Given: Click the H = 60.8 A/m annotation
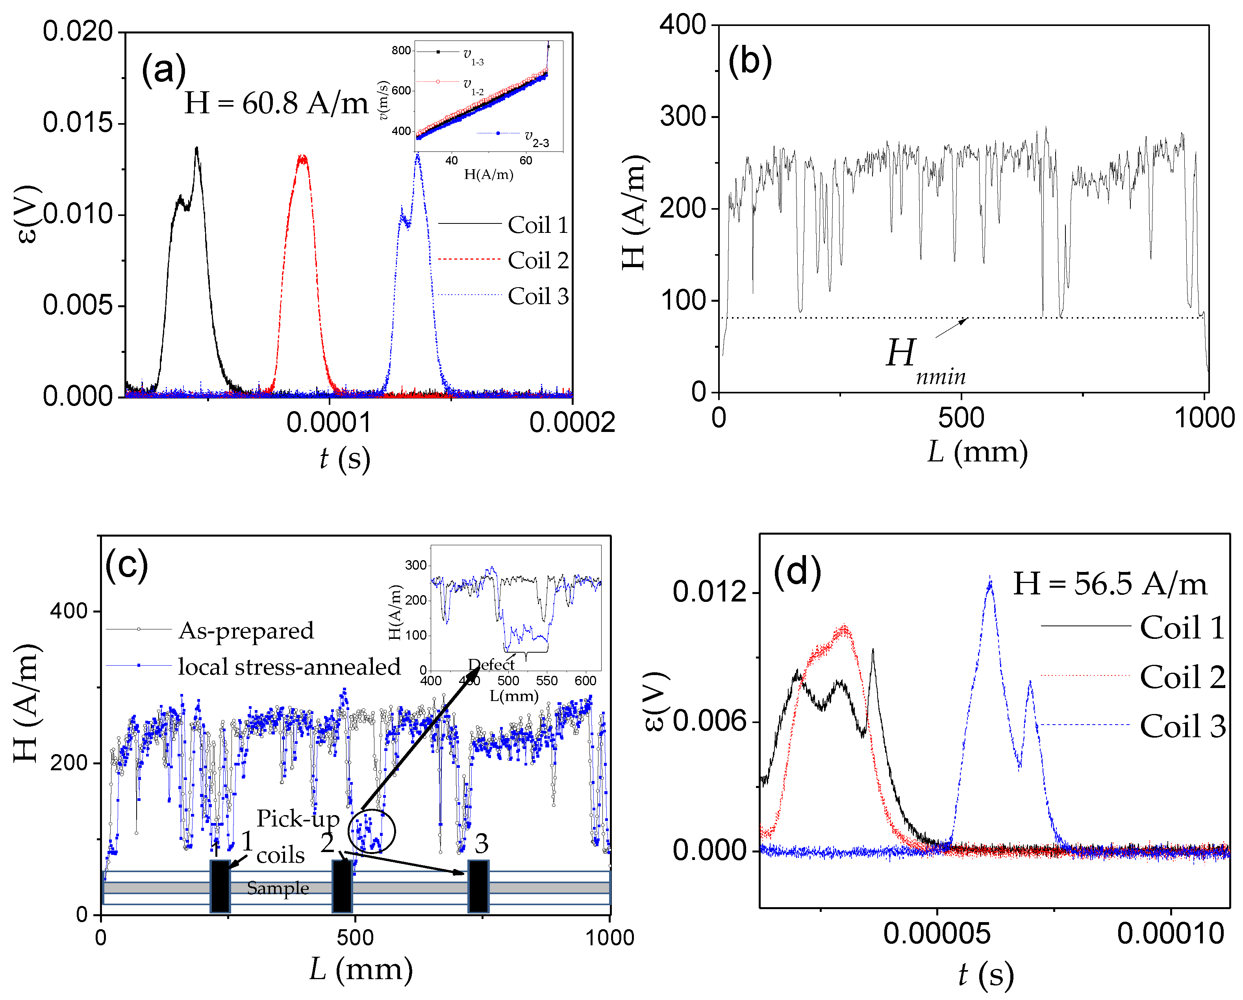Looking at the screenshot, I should [x=276, y=104].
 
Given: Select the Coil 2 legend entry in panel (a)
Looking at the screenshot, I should [x=537, y=260].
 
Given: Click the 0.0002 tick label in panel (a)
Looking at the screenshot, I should [x=572, y=423].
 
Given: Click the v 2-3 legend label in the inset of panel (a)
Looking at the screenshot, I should [x=536, y=139].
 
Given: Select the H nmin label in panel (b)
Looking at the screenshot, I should [x=923, y=360].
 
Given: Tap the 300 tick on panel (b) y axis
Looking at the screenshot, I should [x=683, y=116].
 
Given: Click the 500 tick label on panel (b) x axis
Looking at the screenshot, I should [x=961, y=418].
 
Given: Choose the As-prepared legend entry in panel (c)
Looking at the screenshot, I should [x=246, y=631].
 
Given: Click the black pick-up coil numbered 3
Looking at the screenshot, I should [x=478, y=887].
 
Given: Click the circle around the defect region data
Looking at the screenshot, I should [x=372, y=831].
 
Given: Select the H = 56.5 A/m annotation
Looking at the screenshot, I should [x=1109, y=584].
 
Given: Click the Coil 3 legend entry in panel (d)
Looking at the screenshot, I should [x=1182, y=726].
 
